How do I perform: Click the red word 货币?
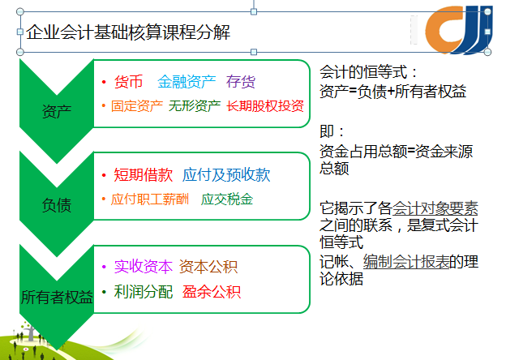tap(128, 82)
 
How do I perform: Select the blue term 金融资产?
tap(187, 82)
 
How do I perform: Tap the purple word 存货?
tap(241, 82)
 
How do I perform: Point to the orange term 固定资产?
tap(137, 105)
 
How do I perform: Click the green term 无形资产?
tap(195, 105)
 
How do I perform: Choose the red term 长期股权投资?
tap(265, 105)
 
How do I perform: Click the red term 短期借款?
tap(144, 175)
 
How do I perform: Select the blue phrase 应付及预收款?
tap(226, 175)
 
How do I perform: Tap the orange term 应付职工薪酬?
tap(150, 199)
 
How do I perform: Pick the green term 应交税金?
tap(227, 199)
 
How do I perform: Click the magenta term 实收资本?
tap(144, 267)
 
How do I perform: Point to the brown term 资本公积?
tap(208, 267)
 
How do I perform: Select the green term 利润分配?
tap(144, 292)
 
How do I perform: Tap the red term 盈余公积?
tap(212, 292)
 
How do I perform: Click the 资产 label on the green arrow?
tap(57, 112)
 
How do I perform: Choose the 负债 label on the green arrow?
tap(57, 205)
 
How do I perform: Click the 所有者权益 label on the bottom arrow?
tap(57, 297)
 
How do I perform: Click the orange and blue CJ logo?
tap(459, 30)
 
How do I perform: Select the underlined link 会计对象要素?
tap(435, 208)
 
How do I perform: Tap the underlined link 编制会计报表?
tap(406, 262)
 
